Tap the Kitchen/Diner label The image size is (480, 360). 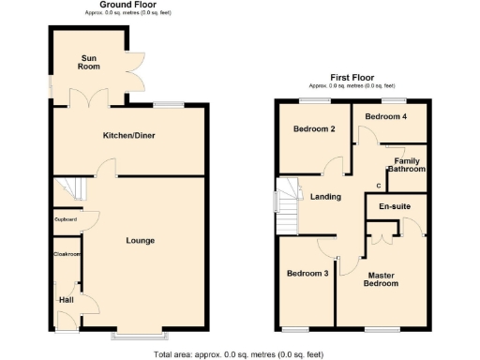tap(128, 136)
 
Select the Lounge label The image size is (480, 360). tap(141, 241)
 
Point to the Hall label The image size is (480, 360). tap(66, 299)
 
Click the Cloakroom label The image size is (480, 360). tap(66, 253)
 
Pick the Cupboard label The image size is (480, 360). tap(66, 220)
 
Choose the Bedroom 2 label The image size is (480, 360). tap(314, 128)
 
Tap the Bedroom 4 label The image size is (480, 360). tap(386, 116)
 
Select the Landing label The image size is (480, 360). tap(325, 197)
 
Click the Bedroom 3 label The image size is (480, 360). tap(307, 273)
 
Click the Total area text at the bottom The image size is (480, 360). tap(238, 354)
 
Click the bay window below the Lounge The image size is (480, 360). tap(141, 333)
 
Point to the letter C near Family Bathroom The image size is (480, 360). tap(378, 184)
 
